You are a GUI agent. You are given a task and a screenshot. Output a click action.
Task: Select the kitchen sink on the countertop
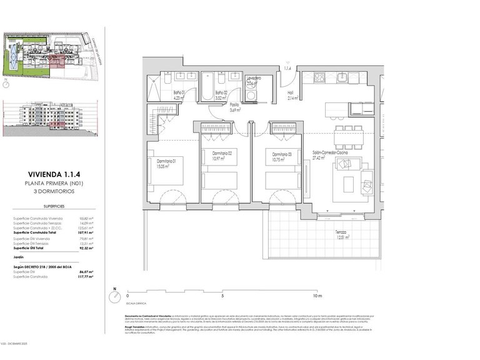342,78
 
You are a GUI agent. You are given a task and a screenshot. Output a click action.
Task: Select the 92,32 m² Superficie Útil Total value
86,249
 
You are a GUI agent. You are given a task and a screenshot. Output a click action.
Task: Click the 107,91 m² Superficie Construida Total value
86,232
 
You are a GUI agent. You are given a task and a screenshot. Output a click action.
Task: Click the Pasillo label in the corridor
234,107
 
